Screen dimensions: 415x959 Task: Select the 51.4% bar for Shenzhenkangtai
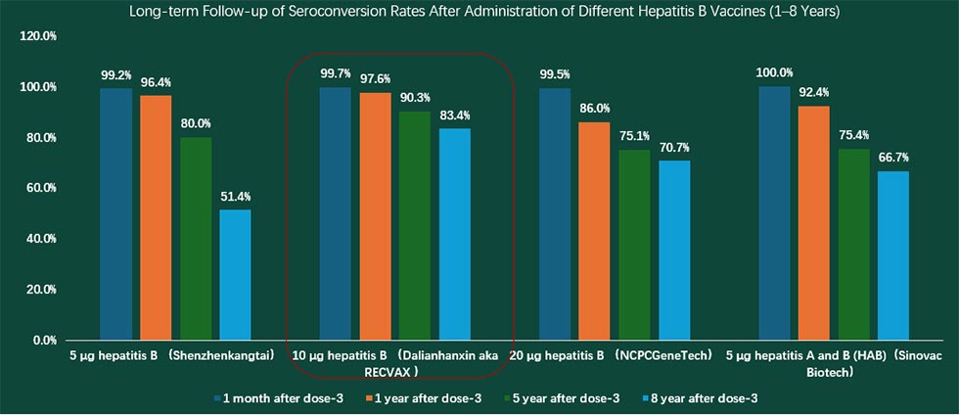coord(235,275)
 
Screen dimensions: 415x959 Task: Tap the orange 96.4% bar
coord(158,217)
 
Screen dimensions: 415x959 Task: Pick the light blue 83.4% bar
coord(455,234)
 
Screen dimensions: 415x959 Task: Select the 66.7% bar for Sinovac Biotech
coord(894,255)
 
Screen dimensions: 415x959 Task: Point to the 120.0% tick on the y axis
coord(39,36)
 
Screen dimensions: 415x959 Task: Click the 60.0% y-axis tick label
coord(39,188)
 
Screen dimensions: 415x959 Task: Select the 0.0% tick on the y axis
coord(44,341)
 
